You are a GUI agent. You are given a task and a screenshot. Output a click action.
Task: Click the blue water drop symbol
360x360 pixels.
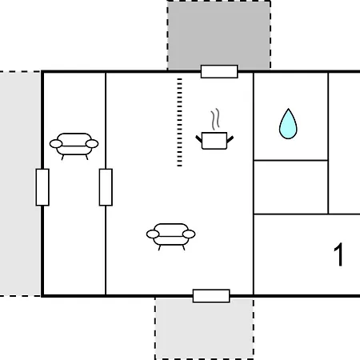[288, 126]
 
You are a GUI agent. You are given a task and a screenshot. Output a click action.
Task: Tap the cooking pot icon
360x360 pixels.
[214, 141]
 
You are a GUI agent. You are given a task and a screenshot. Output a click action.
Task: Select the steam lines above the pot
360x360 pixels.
[215, 119]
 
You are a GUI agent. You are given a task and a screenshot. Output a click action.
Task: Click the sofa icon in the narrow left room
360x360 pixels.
[74, 146]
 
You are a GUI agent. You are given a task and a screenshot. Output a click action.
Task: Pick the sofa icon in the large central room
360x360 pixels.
[170, 237]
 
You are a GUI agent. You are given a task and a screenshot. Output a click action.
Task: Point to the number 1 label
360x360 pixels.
[338, 254]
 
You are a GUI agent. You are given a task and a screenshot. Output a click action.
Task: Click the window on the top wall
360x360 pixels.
[219, 71]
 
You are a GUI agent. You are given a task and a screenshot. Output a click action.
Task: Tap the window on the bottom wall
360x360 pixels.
[211, 296]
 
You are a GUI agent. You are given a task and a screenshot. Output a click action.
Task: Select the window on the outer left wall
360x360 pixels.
[42, 187]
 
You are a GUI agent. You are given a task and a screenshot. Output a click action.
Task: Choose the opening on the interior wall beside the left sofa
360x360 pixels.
[106, 187]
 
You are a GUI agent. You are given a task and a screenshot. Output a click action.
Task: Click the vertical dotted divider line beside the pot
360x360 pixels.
[179, 122]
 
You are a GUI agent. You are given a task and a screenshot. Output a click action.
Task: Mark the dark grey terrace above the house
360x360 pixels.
[218, 34]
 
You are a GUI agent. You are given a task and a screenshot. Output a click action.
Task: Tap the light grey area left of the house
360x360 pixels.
[20, 183]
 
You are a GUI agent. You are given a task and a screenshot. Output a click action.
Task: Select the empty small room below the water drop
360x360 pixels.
[290, 187]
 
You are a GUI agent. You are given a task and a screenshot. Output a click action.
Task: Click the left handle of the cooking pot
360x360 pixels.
[199, 139]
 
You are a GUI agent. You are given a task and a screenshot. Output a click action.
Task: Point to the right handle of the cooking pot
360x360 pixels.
[230, 139]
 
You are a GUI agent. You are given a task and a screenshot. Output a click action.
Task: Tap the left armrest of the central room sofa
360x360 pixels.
[153, 234]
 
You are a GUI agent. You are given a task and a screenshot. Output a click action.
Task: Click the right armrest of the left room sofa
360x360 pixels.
[92, 144]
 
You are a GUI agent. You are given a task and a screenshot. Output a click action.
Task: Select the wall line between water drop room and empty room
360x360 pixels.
[290, 160]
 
